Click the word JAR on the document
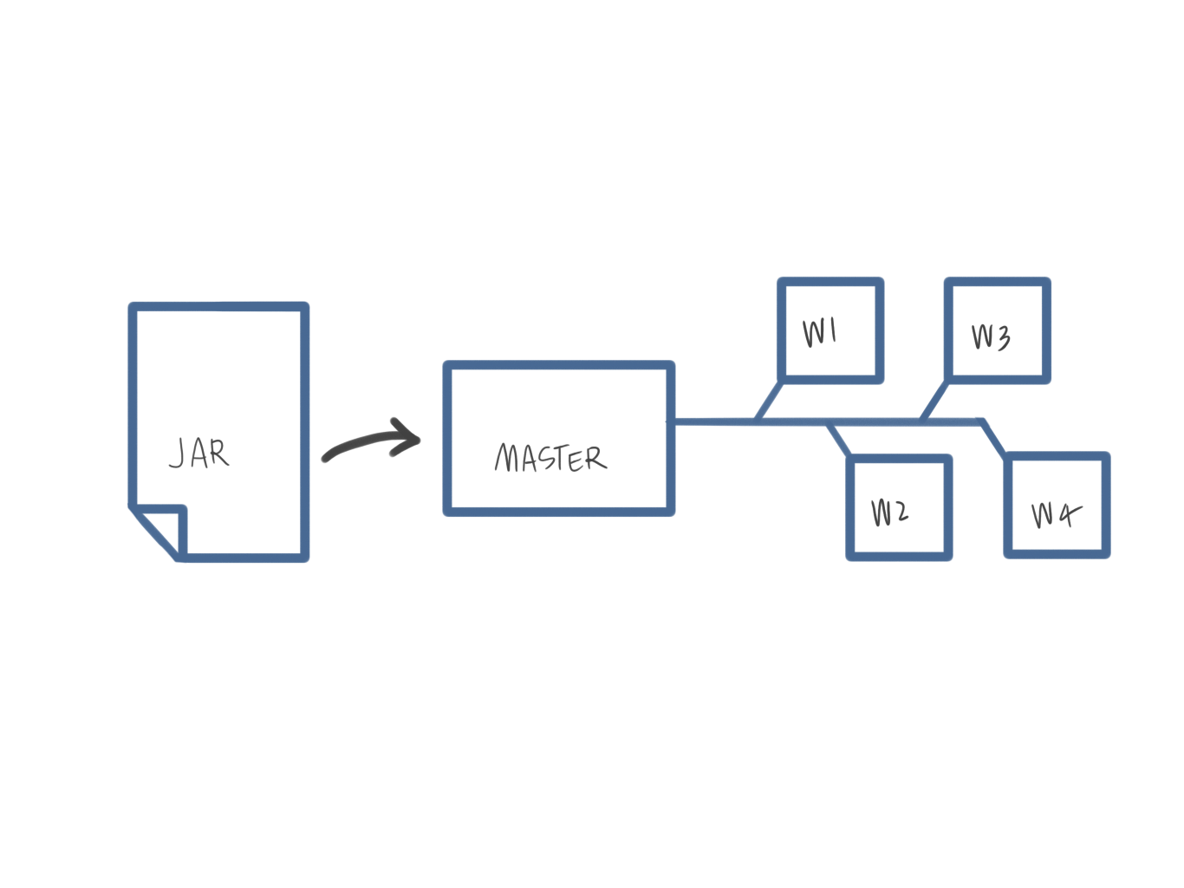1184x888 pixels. tap(199, 454)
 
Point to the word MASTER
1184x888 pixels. tap(550, 458)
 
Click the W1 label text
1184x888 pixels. tap(819, 332)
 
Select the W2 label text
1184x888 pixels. tap(890, 513)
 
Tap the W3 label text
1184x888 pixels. tap(991, 336)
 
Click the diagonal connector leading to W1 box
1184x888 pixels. tap(770, 402)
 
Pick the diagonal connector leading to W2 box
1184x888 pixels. tap(839, 440)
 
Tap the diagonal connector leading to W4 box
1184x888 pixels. tap(994, 439)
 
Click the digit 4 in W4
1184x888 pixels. tap(1068, 514)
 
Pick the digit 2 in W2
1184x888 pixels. tap(901, 513)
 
